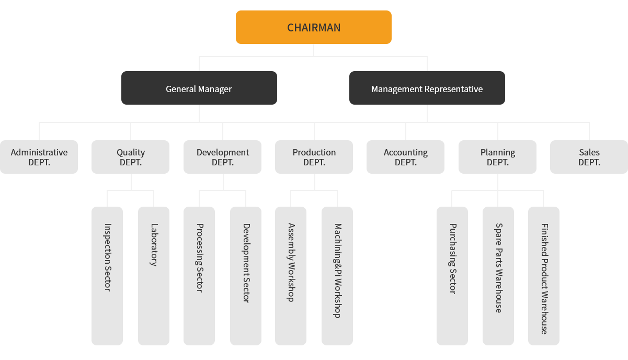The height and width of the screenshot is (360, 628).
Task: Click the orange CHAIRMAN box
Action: pos(313,28)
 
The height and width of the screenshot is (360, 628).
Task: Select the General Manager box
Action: pos(199,88)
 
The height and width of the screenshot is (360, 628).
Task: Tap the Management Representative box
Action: pos(427,88)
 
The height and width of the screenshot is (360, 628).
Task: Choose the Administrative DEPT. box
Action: pos(39,157)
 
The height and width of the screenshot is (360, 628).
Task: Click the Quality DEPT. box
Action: pos(130,157)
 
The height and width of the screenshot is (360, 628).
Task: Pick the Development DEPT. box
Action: pos(222,157)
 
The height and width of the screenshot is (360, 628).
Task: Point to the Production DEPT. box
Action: pos(314,157)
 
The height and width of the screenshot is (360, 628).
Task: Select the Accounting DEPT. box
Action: pos(405,157)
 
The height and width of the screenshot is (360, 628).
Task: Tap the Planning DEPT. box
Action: pos(497,157)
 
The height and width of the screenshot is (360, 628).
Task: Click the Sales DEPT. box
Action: pos(589,157)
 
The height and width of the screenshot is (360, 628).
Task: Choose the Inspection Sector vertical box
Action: pos(107,275)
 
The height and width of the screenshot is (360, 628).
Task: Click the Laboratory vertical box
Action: pos(153,275)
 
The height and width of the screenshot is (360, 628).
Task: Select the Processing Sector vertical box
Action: pos(199,275)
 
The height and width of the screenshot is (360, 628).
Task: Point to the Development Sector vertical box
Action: pos(245,275)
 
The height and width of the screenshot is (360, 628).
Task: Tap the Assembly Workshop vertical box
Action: pos(290,275)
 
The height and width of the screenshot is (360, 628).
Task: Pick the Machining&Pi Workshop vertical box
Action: pos(337,275)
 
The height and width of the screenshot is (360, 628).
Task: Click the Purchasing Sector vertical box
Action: pos(452,275)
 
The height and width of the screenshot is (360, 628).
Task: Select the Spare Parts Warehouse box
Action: pos(498,275)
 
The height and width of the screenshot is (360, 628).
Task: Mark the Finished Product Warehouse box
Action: pos(543,275)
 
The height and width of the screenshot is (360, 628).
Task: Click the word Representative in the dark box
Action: pos(454,89)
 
